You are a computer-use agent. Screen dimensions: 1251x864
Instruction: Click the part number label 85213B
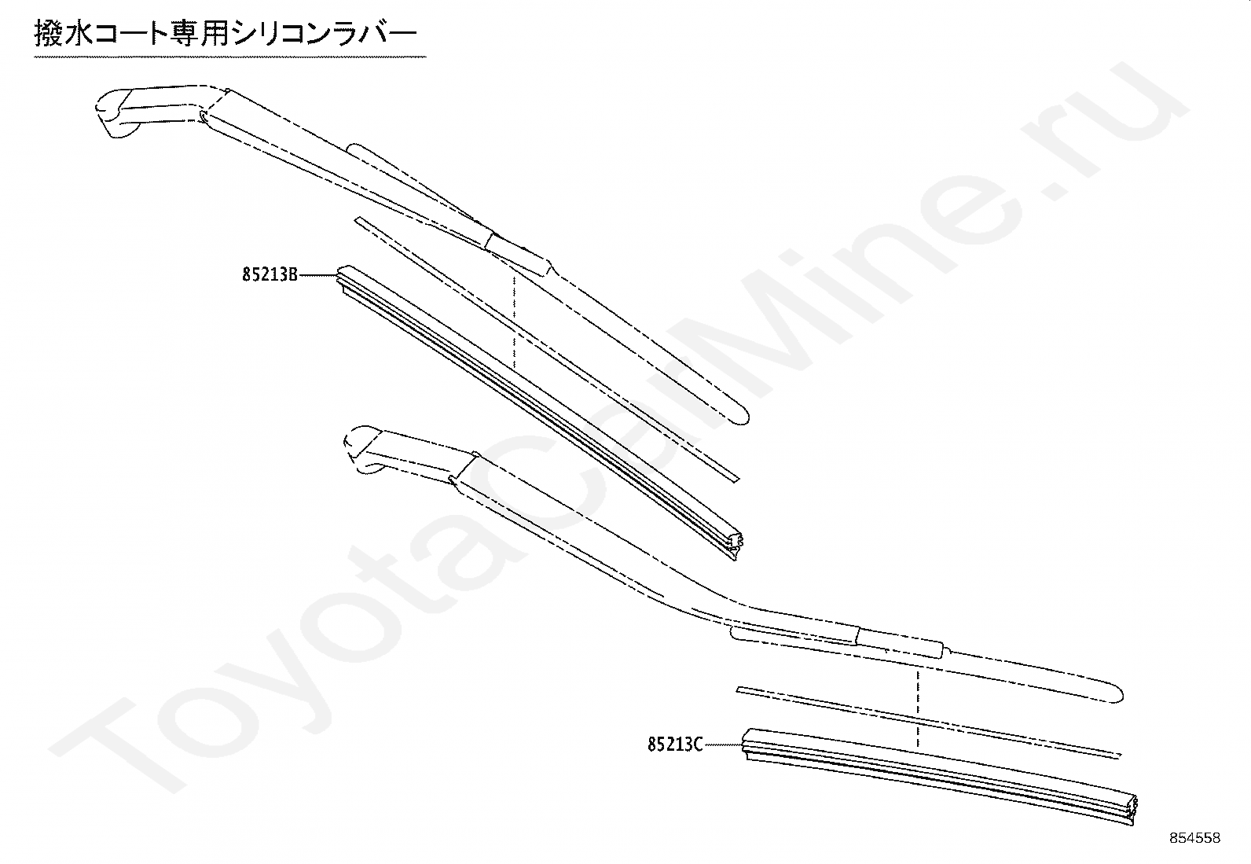click(x=270, y=275)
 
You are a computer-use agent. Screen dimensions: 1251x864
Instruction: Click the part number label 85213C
click(x=675, y=743)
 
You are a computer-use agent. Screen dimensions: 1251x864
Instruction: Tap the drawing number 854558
click(x=1194, y=838)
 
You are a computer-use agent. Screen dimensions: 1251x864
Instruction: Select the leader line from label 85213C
click(x=721, y=743)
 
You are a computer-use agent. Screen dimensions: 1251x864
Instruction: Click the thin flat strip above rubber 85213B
click(x=542, y=346)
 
